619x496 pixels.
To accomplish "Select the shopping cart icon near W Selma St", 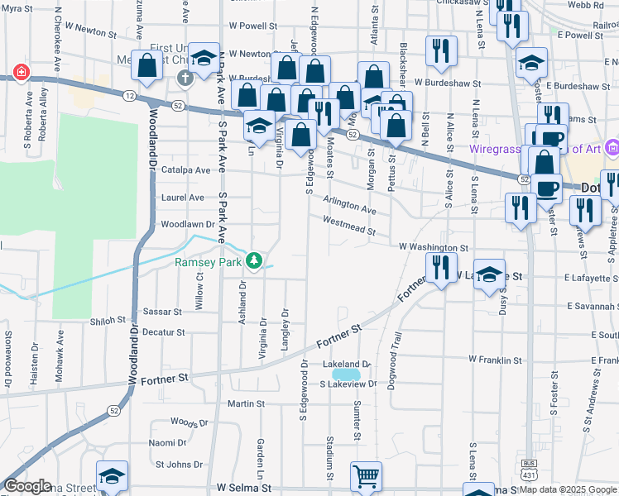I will tap(365, 477).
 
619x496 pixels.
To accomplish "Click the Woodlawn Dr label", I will tap(188, 224).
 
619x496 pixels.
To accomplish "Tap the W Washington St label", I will tap(434, 247).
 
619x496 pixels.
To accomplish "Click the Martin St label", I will tap(246, 404).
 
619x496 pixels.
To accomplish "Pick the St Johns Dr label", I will tap(180, 465).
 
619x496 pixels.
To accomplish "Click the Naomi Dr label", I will tap(168, 443).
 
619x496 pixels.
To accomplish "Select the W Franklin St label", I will tap(496, 360).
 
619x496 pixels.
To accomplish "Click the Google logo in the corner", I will tap(28, 486).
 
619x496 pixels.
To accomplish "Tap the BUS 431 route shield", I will tap(530, 476).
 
